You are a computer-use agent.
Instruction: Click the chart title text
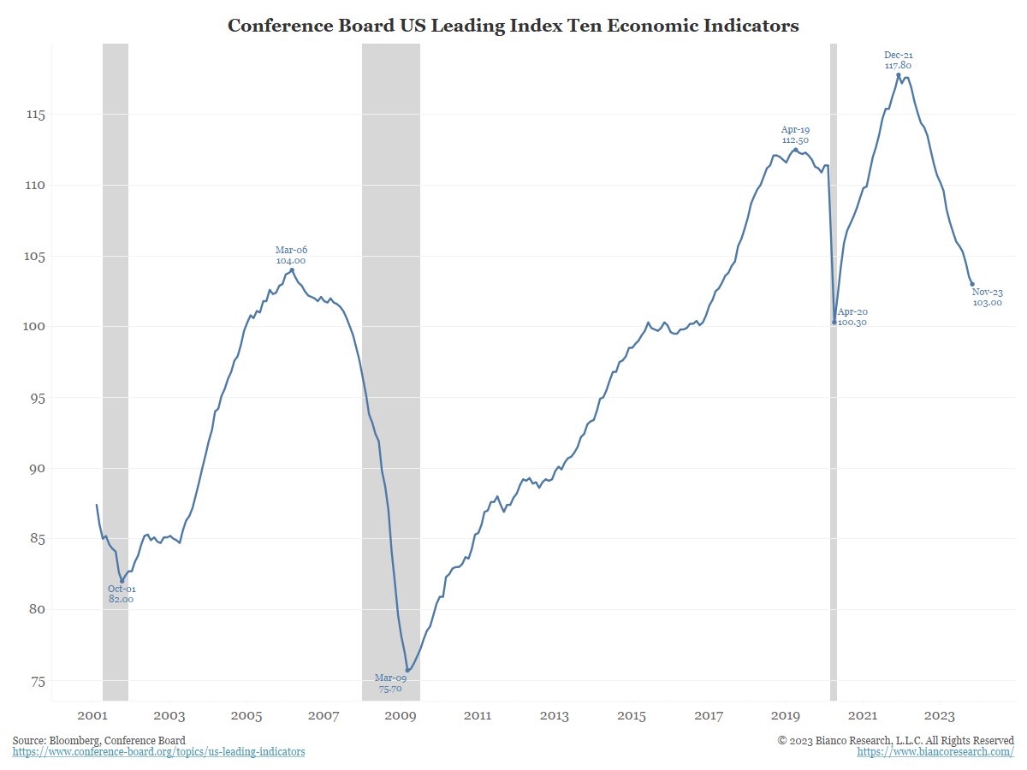click(513, 26)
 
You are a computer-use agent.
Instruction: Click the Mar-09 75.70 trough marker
click(407, 670)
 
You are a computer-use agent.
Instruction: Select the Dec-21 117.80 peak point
click(899, 74)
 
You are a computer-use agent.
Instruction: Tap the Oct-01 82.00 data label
click(122, 594)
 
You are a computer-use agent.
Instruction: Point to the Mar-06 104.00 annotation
click(291, 255)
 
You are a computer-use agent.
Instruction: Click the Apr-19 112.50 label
click(795, 134)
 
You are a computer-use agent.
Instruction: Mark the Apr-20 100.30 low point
click(834, 322)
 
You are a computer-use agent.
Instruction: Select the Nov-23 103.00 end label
click(988, 297)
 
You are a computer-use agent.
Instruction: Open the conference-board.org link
click(158, 751)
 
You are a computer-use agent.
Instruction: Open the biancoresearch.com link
click(935, 751)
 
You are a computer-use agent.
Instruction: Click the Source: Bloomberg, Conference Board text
click(98, 739)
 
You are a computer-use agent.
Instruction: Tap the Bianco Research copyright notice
click(896, 739)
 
